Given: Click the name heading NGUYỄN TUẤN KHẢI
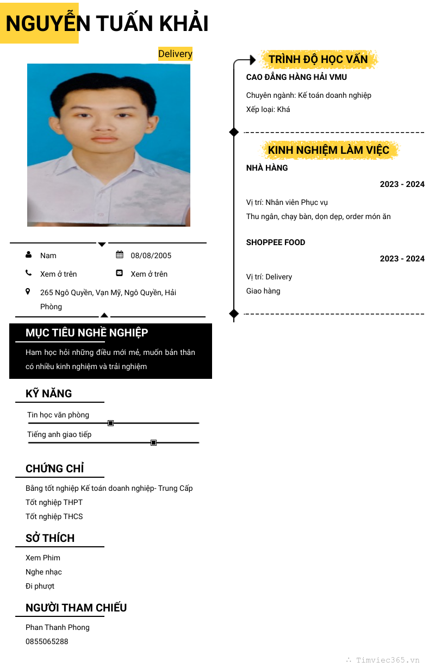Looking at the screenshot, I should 107,24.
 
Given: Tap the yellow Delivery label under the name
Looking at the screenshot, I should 175,54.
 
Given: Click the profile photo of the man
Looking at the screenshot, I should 109,145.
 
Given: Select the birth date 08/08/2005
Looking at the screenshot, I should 151,255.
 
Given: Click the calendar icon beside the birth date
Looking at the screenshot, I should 120,255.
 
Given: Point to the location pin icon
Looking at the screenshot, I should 28,292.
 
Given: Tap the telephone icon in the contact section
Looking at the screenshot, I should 28,273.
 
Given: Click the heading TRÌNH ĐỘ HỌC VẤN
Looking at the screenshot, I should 318,59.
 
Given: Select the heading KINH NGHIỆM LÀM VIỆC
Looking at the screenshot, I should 328,150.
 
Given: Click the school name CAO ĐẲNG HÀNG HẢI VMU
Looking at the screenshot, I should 296,77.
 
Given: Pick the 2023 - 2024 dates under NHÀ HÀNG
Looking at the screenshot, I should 402,184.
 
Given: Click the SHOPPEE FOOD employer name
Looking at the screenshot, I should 276,242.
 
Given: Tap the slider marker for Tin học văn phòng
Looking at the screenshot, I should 110,423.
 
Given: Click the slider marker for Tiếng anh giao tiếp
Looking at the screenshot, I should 153,442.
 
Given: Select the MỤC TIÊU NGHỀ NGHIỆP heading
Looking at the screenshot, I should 87,333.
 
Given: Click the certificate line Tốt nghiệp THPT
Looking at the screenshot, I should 54,502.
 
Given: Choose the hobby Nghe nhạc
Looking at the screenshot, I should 44,572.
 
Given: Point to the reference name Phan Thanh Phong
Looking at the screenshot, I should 57,627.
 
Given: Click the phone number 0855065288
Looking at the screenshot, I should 47,641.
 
